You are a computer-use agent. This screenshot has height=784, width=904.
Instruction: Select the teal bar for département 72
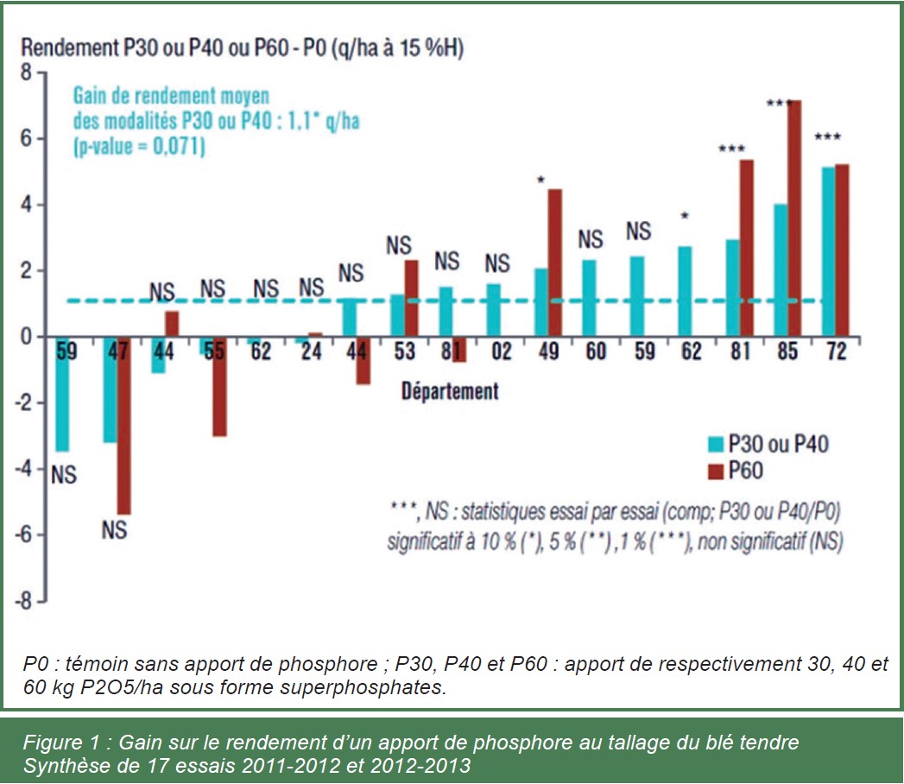(x=828, y=251)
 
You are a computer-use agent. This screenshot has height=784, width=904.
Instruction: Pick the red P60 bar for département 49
(x=554, y=262)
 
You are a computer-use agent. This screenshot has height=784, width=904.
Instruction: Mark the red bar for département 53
(x=411, y=298)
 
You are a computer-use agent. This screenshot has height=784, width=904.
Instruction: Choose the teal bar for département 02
(x=493, y=310)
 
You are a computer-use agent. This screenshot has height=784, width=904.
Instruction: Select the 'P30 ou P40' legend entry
(x=765, y=444)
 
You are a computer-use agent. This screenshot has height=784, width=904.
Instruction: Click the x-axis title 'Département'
(x=449, y=391)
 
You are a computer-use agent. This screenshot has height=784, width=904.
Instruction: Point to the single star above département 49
(x=541, y=180)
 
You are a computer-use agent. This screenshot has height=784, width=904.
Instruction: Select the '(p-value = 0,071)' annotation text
(x=138, y=147)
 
